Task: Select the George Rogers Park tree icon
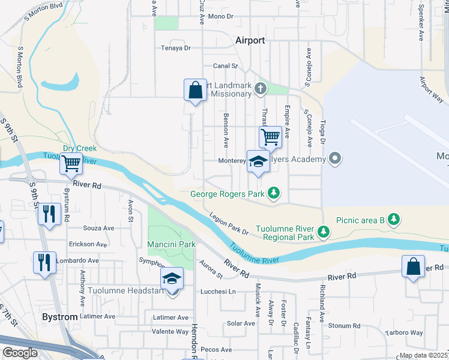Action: [274, 193]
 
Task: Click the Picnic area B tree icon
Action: [394, 219]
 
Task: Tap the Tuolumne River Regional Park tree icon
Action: [324, 231]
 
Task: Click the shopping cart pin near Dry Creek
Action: [72, 163]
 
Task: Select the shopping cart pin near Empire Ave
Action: [270, 137]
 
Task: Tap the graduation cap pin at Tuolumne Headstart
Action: [172, 279]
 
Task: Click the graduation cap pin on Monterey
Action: [258, 162]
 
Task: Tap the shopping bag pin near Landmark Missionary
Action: [195, 91]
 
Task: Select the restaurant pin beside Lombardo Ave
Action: [44, 262]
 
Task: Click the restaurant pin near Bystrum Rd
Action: [49, 214]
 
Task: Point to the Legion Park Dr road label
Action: [229, 223]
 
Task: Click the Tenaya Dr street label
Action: [175, 48]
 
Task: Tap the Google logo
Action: [20, 353]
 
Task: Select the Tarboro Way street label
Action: [403, 332]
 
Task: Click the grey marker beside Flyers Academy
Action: [335, 159]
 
